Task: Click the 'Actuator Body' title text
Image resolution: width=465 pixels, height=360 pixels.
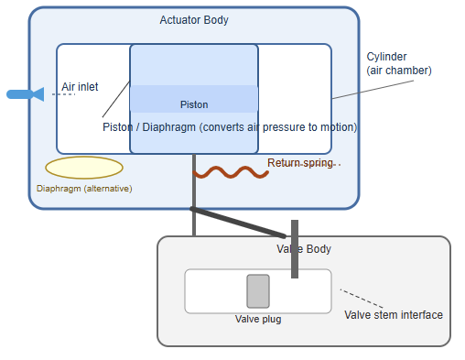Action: point(194,20)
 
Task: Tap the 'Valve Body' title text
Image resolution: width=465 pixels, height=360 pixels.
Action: point(304,249)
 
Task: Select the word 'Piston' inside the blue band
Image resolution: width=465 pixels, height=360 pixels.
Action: point(194,104)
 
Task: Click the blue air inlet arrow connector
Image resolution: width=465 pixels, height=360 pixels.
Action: point(24,93)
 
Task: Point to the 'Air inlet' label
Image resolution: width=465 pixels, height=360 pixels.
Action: point(80,88)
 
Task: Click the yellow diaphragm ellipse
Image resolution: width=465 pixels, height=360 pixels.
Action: point(84,168)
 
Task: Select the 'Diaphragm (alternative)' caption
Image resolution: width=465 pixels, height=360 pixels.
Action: point(84,189)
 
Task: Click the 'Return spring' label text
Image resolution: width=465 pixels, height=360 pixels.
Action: point(300,163)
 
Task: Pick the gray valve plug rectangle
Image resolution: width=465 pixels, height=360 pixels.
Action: point(258,291)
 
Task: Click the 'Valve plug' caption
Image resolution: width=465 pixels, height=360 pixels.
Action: point(258,320)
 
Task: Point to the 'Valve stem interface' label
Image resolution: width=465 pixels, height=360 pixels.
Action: point(394,315)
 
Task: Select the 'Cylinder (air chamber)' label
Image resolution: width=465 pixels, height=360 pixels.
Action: point(399,63)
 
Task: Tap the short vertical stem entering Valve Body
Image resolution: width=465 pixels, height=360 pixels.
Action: point(295,249)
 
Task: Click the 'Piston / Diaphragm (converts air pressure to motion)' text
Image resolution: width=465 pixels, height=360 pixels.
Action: point(230,127)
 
